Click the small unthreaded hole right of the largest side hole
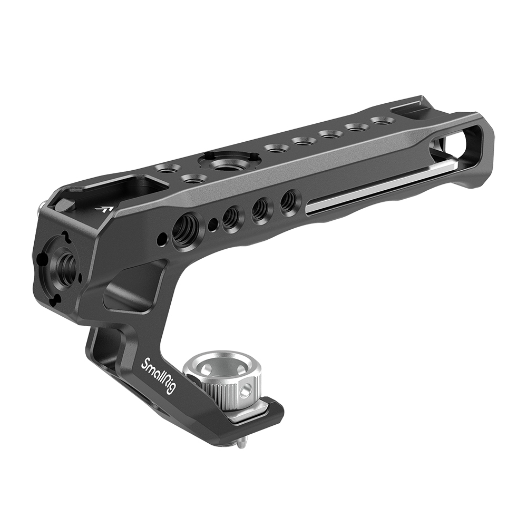click(x=212, y=225)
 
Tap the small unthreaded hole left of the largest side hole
click(x=160, y=235)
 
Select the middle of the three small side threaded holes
click(x=259, y=209)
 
